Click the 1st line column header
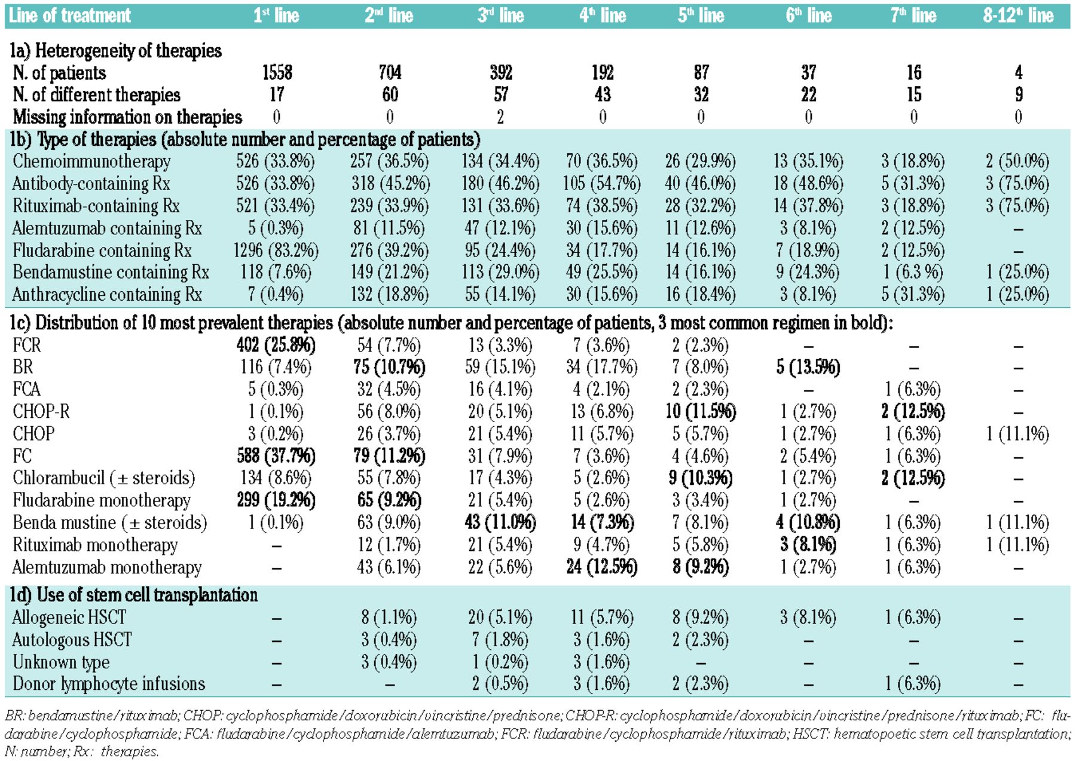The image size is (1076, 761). point(276,15)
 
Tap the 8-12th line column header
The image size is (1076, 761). point(1018,15)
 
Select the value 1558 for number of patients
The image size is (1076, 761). point(277,73)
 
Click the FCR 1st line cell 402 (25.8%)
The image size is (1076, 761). point(276,345)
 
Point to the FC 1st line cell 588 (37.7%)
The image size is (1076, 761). point(276,456)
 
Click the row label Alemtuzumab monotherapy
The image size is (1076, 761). point(107,567)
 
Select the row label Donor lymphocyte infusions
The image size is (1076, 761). point(109,684)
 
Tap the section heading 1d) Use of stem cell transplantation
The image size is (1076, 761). point(134,595)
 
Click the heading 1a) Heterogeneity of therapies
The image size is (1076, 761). point(115,51)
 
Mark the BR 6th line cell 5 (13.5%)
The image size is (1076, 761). point(808,367)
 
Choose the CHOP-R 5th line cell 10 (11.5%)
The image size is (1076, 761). point(701,412)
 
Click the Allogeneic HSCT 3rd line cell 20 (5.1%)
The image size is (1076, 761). point(500,617)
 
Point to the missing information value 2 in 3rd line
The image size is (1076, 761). point(500,117)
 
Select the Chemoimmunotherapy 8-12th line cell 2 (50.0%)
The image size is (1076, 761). point(1018,161)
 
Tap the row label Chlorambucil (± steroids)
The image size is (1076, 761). point(104,478)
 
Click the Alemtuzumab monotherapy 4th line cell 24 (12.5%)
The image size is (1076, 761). point(602,567)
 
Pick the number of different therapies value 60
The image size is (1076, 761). point(390,95)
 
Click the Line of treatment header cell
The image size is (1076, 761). point(70,15)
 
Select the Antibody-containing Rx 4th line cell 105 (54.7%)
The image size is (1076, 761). point(602,184)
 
